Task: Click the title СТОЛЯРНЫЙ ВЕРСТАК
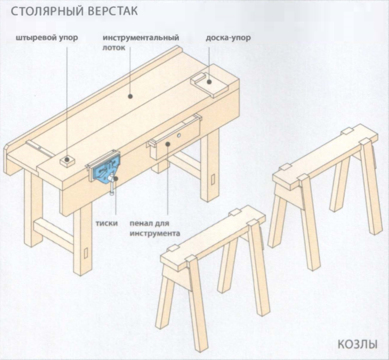[x=74, y=11]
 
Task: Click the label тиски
[x=107, y=224]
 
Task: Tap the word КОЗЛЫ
[x=357, y=344]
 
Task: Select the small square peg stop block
[x=67, y=161]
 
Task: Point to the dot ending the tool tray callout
[x=130, y=96]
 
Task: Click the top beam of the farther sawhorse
[x=326, y=156]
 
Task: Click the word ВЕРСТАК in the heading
[x=111, y=11]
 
